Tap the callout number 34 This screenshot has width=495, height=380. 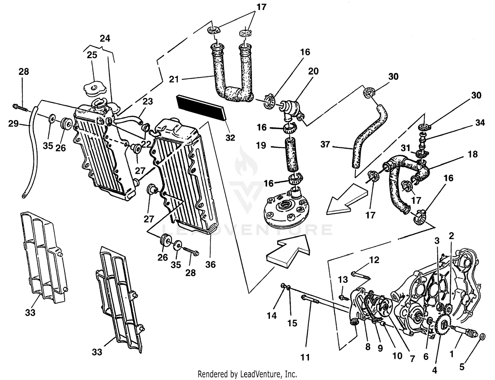480,123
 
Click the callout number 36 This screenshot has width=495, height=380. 210,264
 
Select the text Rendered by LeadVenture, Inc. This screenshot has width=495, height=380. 247,374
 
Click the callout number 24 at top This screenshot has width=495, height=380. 105,39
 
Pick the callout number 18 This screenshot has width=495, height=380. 473,154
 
